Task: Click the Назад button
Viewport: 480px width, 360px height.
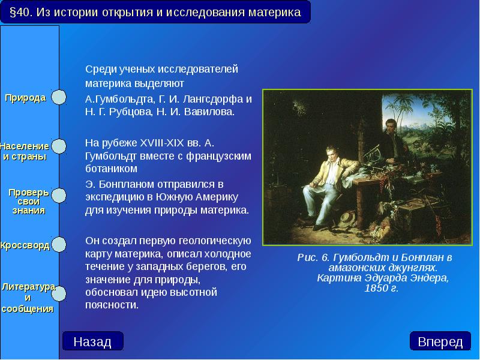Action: point(92,341)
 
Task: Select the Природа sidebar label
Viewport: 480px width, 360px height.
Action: point(26,98)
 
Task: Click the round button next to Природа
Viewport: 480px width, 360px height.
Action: point(58,98)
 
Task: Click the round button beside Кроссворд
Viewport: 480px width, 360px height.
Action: point(58,245)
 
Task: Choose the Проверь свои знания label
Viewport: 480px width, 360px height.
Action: point(28,202)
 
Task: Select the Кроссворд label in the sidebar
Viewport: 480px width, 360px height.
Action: point(25,245)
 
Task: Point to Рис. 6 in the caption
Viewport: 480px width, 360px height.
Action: point(310,257)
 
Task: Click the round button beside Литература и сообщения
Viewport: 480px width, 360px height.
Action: point(58,292)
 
